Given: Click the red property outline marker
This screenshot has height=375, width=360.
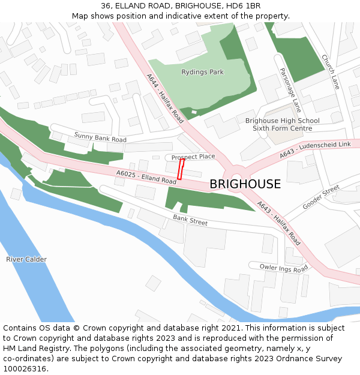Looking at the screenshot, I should [x=181, y=169].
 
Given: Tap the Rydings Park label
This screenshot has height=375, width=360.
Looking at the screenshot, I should [x=202, y=72].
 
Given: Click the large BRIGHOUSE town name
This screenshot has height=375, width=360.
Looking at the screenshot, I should [x=245, y=184].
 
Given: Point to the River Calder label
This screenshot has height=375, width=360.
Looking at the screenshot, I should [x=26, y=259].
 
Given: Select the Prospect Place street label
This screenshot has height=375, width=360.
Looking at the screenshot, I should [x=193, y=157].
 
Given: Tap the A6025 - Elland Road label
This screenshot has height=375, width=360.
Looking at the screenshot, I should [x=147, y=177].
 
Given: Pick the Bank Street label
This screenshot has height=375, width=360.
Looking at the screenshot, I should [x=190, y=220].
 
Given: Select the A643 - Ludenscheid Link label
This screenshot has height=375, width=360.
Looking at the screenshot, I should [x=315, y=150].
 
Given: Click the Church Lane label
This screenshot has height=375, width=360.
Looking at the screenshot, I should [x=330, y=72].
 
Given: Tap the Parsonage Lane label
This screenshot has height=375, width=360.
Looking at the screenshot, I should [x=290, y=89].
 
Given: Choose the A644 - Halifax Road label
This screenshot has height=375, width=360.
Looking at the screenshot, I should [x=164, y=98].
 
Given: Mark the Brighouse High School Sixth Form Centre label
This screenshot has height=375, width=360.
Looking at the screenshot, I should [x=282, y=124].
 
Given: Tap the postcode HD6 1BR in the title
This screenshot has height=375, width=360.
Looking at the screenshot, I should [x=246, y=6].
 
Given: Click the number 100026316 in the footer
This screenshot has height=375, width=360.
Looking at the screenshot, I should [x=25, y=368].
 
